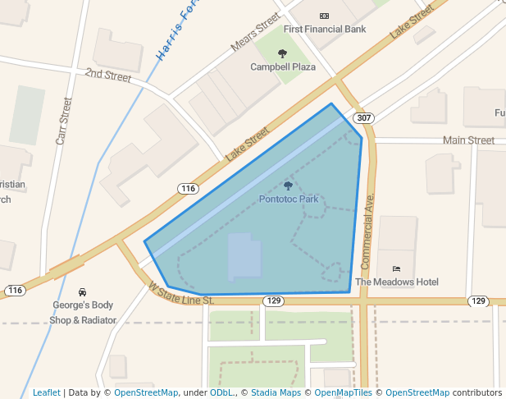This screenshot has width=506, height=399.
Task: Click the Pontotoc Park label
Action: tap(288, 199)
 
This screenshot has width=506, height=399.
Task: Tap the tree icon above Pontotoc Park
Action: tap(288, 186)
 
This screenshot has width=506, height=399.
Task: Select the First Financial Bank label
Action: tap(325, 30)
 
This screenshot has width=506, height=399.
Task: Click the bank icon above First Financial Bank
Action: tap(324, 16)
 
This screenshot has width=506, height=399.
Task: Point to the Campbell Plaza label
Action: tap(283, 66)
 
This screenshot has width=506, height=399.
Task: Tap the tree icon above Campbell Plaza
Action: tap(282, 54)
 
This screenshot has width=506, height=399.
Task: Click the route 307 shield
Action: tap(363, 119)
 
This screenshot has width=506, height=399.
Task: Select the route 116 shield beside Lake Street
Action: tap(188, 189)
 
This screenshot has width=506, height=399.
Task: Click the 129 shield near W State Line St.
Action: tap(274, 301)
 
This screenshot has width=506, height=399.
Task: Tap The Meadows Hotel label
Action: tap(397, 282)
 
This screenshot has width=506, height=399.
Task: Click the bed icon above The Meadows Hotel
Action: tap(397, 268)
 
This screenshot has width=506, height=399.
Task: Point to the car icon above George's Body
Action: tap(82, 292)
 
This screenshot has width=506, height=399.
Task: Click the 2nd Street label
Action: tap(108, 76)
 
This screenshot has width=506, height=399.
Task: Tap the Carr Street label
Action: tap(64, 121)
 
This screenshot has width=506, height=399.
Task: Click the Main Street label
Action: tap(468, 140)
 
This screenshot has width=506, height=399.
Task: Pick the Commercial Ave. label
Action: tap(367, 233)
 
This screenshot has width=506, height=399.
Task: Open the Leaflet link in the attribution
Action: tap(46, 392)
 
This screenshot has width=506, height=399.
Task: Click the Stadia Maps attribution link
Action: tap(275, 392)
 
